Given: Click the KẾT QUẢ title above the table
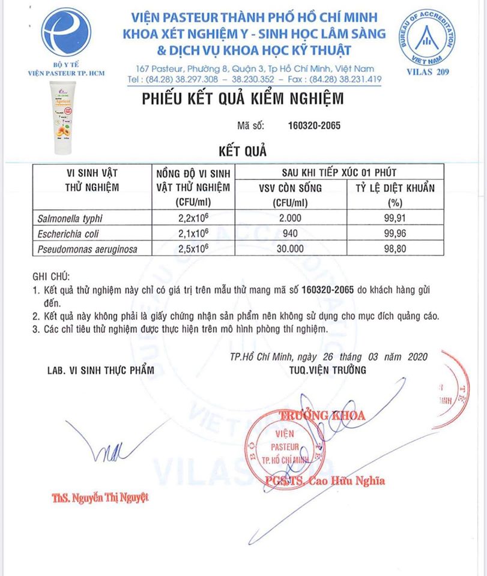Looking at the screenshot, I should (x=243, y=148).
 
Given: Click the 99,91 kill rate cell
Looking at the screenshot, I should (x=396, y=218).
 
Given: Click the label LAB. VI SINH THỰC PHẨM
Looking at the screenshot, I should (x=100, y=370).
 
